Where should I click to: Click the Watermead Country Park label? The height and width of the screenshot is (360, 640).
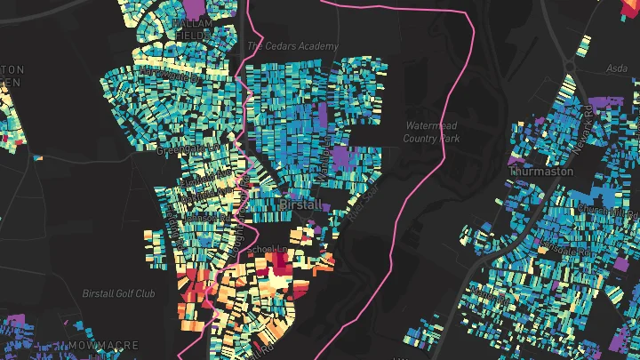tap(431, 132)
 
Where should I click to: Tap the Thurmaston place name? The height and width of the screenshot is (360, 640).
tap(541, 171)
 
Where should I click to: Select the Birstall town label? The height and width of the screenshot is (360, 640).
tap(300, 204)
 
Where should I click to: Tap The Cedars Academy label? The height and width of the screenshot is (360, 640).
tap(292, 46)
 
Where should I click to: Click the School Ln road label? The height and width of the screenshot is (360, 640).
tap(266, 248)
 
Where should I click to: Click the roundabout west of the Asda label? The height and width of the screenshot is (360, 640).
tap(570, 66)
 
